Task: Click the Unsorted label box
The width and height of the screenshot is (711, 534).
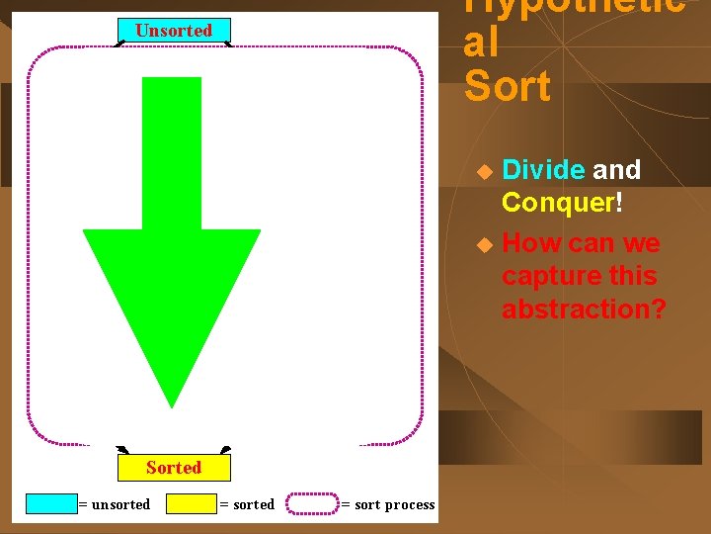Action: (x=174, y=31)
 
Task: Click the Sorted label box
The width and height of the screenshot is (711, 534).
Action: (x=174, y=468)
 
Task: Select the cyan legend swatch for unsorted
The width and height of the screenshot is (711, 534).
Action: (x=51, y=504)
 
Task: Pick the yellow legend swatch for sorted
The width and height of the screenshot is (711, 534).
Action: (x=192, y=504)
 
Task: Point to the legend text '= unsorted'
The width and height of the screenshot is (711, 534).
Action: (x=115, y=504)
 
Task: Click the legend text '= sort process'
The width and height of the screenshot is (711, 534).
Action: (x=387, y=504)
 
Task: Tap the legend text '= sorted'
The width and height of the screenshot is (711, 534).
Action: (x=247, y=504)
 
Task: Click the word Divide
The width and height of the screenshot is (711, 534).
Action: (x=543, y=170)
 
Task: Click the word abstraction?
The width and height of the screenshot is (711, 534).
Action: (x=584, y=309)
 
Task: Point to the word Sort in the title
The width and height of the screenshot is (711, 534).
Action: (x=507, y=87)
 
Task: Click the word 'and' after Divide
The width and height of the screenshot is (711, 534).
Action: (x=616, y=170)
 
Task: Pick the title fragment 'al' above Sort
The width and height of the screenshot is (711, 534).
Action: (x=481, y=44)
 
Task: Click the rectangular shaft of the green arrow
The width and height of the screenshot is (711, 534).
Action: (x=172, y=153)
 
